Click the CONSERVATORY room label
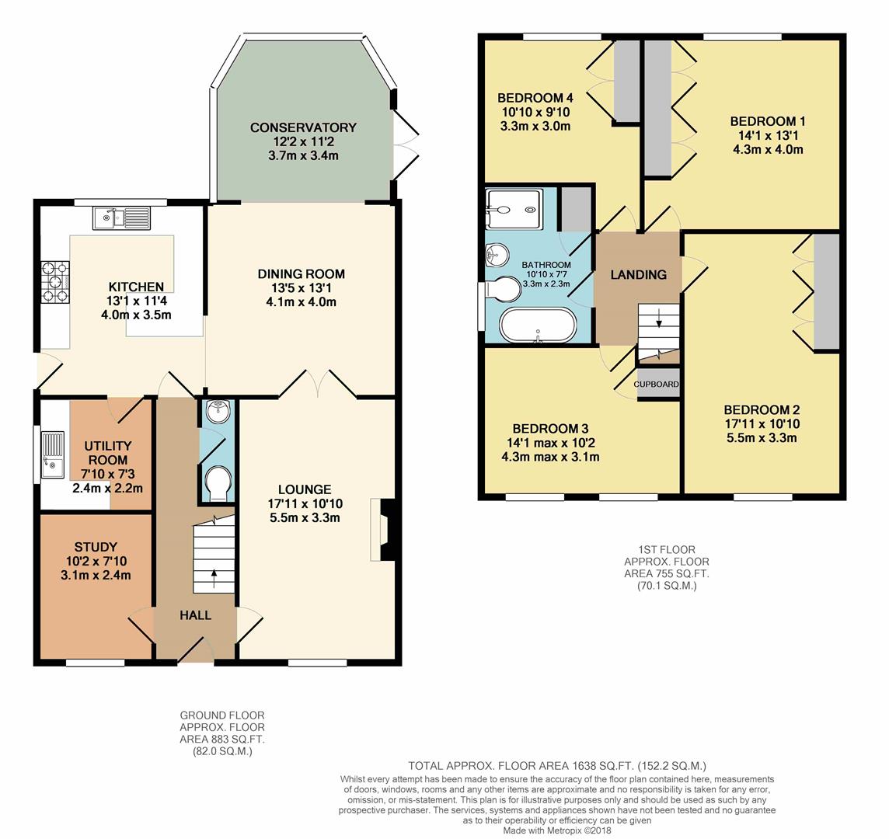[x=303, y=127]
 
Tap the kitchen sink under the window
[x=120, y=218]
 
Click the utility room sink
[x=54, y=455]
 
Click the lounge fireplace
[x=382, y=530]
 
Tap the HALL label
[x=195, y=615]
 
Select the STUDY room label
[x=96, y=546]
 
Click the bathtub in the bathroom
[x=538, y=326]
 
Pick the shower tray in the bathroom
[x=512, y=209]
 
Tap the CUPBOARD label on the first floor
[x=657, y=385]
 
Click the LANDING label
[x=638, y=275]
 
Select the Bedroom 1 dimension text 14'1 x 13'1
[x=768, y=135]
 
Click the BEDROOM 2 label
[x=762, y=410]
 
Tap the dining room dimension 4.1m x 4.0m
[x=301, y=301]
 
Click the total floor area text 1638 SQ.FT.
[x=557, y=766]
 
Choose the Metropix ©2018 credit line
[x=556, y=830]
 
